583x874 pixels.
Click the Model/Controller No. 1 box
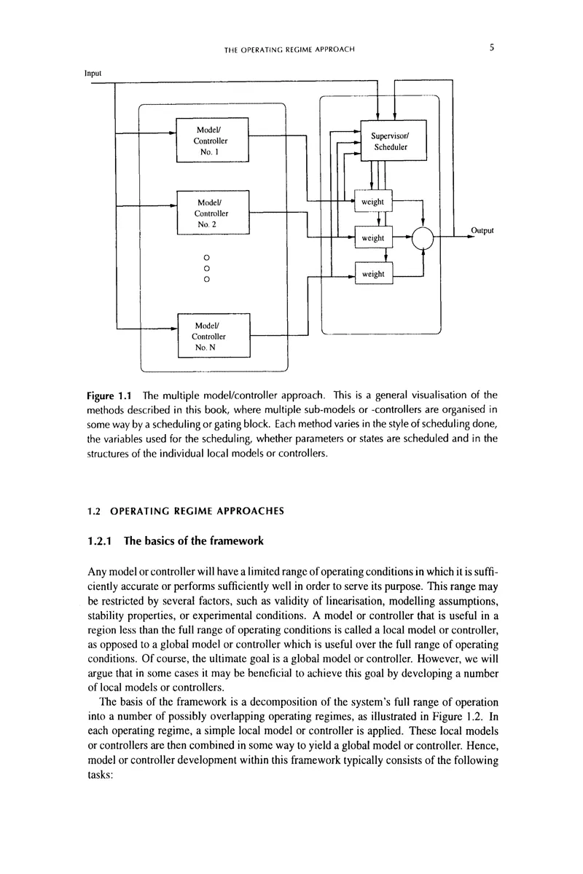tap(213, 139)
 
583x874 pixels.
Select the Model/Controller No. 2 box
tap(213, 213)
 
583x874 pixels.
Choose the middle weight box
tap(373, 237)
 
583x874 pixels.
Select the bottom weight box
tap(373, 274)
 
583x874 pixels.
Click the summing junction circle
tap(423, 237)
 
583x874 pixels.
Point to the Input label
tap(93, 74)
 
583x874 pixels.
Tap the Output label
tap(482, 230)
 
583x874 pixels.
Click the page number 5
tap(492, 48)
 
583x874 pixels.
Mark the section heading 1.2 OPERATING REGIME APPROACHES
tap(186, 511)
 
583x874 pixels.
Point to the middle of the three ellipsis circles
tap(206, 267)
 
